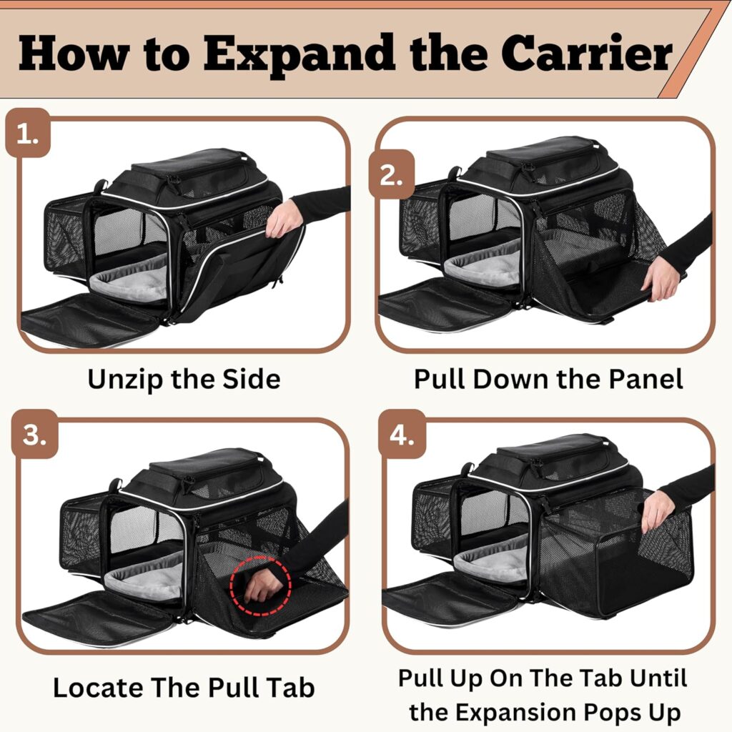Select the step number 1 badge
28,134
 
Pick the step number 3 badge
32,436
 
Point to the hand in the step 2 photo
661,279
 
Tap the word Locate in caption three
97,688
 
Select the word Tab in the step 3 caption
290,688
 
